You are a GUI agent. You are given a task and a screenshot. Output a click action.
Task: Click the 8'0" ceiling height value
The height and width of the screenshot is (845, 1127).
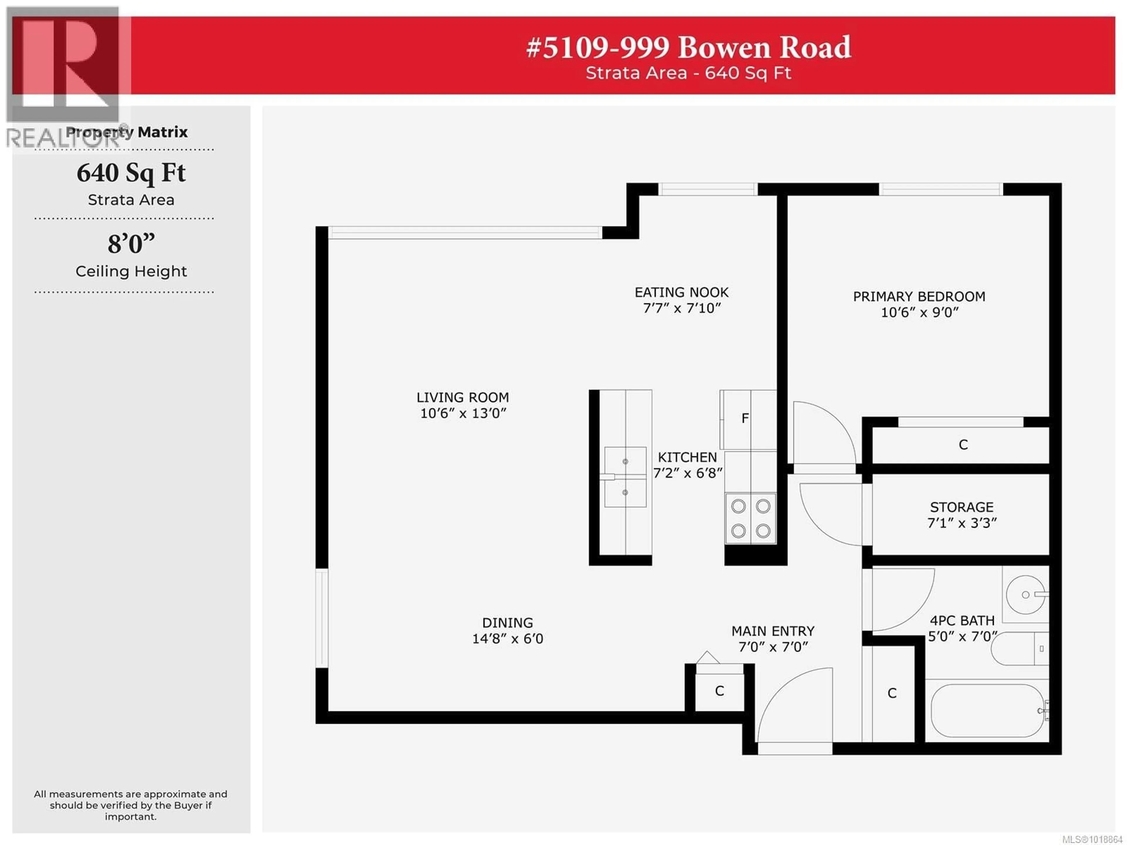131,244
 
